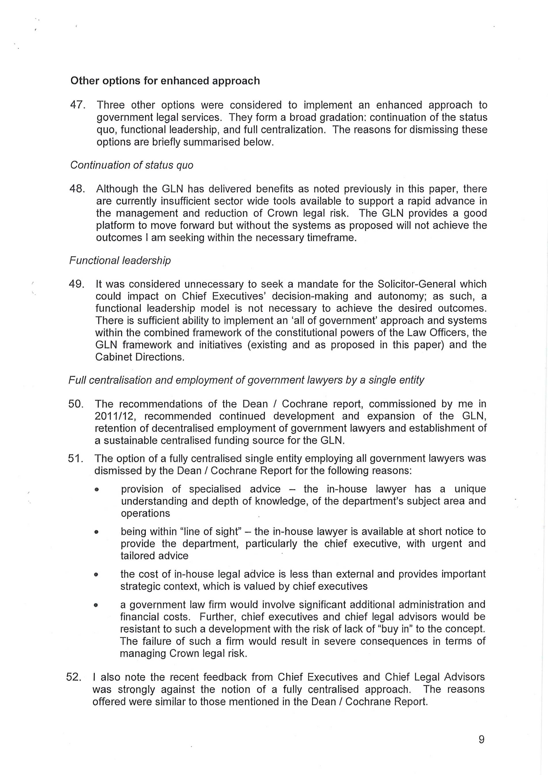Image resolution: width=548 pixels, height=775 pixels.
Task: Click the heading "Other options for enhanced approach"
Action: (x=165, y=81)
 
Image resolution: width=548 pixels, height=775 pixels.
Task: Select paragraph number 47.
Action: (x=77, y=105)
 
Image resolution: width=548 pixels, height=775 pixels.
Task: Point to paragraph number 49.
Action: (x=76, y=284)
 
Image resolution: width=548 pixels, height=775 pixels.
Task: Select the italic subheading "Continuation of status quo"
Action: (x=132, y=165)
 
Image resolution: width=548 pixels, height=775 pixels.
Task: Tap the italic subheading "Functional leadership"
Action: (x=120, y=261)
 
